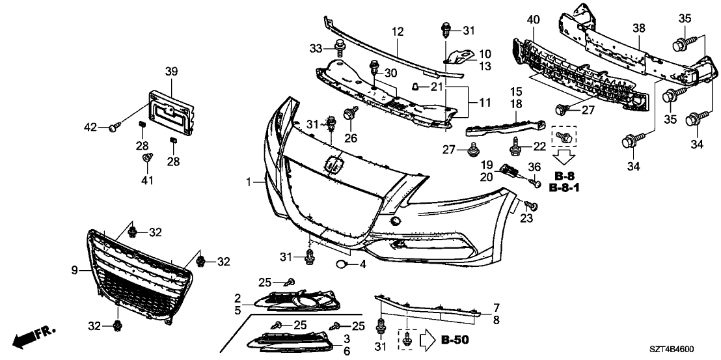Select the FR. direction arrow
point(34,335)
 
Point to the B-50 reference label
point(454,339)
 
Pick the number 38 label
point(639,29)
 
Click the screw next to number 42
point(114,128)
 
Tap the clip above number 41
point(147,158)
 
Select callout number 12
point(398,31)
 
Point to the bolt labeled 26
point(350,115)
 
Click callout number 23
point(526,219)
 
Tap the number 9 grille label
point(74,269)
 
